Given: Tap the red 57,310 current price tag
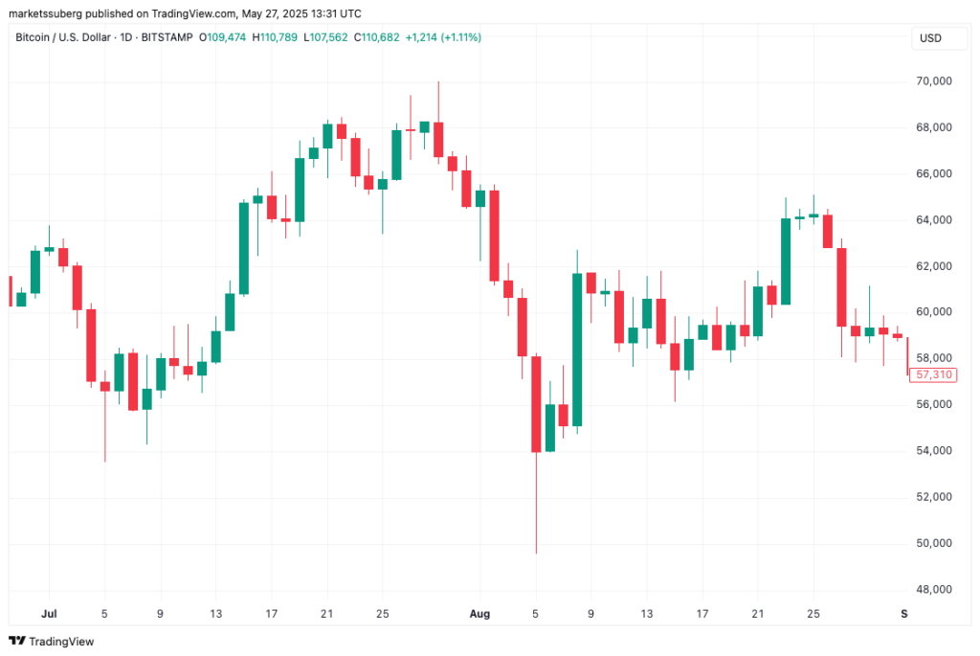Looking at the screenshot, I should [934, 374].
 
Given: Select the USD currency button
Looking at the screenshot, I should [931, 37].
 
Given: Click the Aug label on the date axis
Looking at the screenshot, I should [479, 612].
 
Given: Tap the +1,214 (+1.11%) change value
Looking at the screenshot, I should [443, 37].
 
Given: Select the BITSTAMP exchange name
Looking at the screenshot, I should [166, 37].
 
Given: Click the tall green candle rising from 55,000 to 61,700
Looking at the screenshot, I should [577, 350].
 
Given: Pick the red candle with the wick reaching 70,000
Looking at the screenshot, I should [438, 139].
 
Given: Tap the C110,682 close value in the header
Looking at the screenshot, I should [377, 37].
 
